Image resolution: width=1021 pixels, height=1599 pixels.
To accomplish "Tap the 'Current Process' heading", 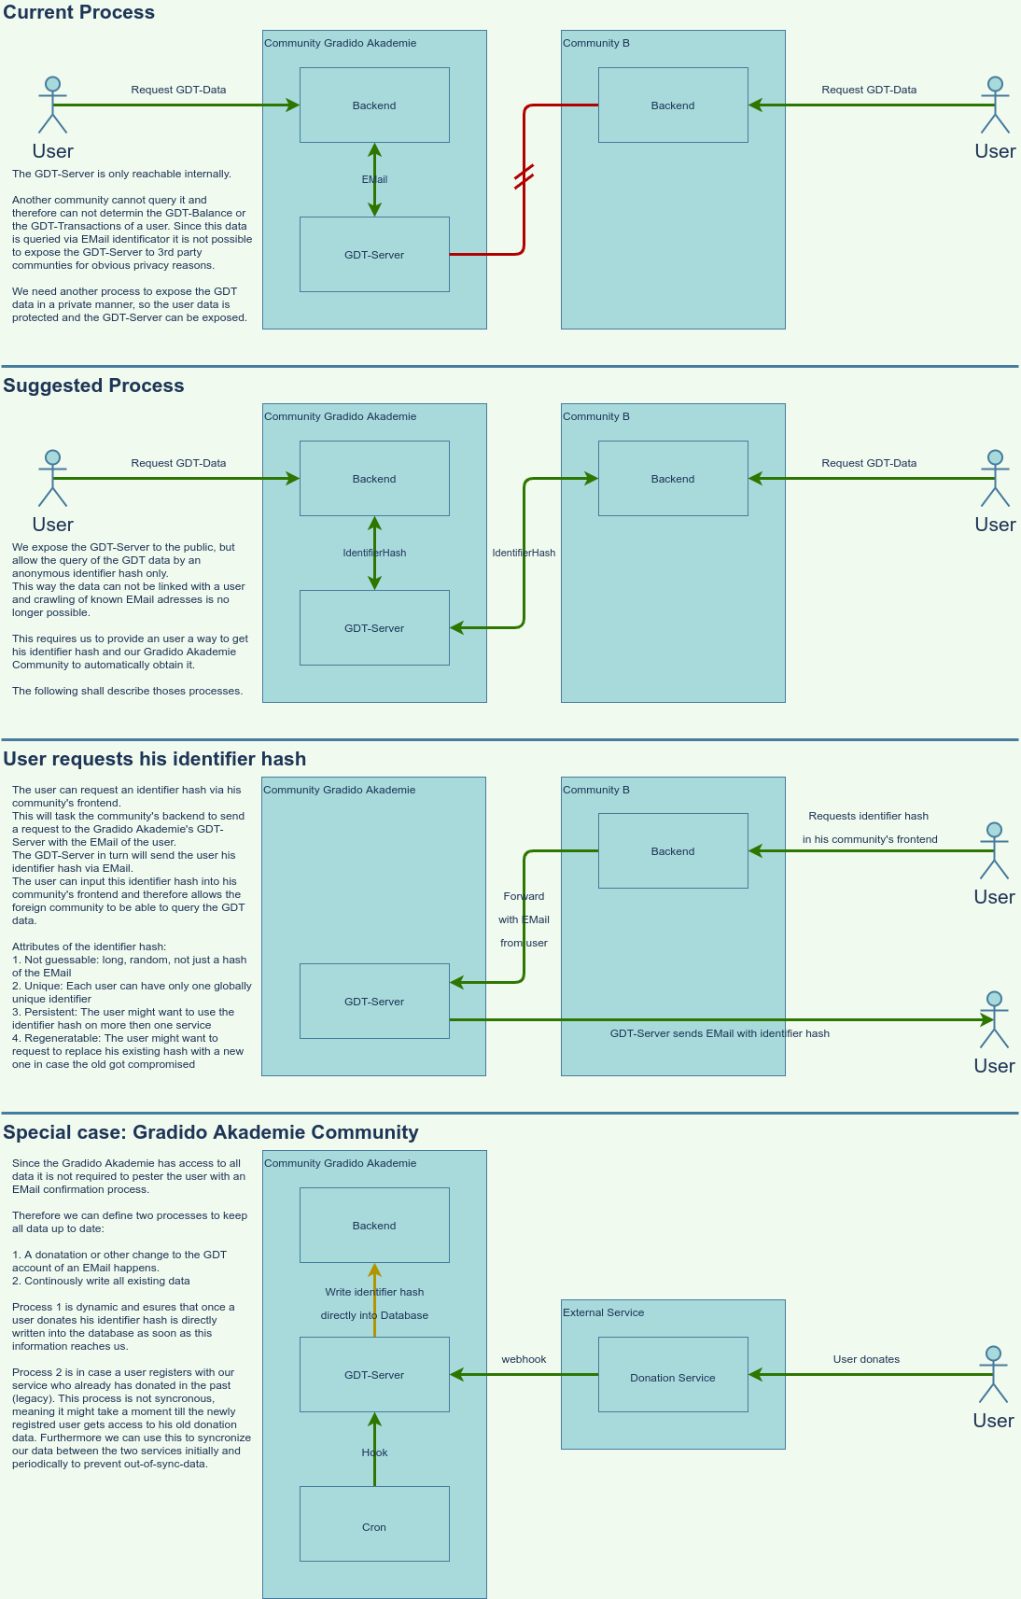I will click(79, 12).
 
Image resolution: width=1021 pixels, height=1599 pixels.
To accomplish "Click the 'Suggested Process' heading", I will click(93, 386).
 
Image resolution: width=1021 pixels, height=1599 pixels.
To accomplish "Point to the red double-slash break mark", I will click(524, 176).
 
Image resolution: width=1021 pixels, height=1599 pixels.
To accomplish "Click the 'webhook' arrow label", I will click(524, 1359).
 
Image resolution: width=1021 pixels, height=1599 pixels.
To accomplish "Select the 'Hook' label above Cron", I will click(374, 1452).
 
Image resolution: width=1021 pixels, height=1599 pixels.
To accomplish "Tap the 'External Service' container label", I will click(603, 1312).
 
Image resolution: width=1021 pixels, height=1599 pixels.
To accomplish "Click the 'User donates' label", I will click(866, 1359).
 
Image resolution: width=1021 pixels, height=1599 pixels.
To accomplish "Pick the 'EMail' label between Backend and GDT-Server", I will click(374, 179).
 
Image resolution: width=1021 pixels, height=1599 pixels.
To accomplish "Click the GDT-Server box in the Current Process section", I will click(374, 254).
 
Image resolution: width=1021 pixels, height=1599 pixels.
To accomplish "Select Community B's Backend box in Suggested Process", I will click(673, 478).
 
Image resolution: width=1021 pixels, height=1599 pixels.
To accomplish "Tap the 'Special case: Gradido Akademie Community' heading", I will click(211, 1132).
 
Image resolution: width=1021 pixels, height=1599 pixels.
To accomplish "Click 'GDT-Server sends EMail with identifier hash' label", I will click(720, 1033).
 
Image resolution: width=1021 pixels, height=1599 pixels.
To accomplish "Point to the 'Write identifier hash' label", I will click(374, 1292).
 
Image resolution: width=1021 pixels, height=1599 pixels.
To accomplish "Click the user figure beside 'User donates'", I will click(993, 1374).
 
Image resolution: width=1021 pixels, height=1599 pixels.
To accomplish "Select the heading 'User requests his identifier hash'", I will click(155, 759).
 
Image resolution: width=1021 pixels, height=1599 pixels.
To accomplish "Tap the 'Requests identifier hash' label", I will click(868, 816).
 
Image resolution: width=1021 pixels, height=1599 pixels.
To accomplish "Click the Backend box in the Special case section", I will click(374, 1225).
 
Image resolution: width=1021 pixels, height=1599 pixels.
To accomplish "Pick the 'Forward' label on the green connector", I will click(524, 896).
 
